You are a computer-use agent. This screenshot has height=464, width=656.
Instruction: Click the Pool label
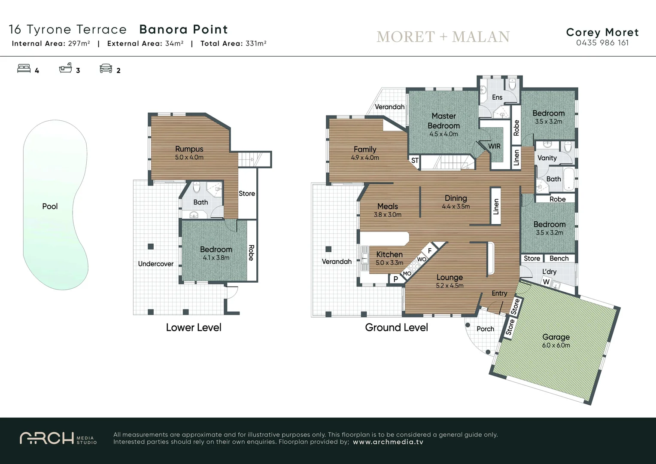(50, 206)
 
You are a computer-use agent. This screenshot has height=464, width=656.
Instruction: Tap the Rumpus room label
(189, 149)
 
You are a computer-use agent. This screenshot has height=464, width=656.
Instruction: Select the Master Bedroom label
(443, 121)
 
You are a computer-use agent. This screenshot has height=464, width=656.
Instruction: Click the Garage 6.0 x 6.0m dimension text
(556, 345)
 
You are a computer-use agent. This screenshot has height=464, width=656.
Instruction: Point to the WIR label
(494, 146)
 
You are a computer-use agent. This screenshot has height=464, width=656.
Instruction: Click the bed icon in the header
(24, 69)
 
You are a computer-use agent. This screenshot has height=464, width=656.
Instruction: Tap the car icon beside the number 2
(106, 69)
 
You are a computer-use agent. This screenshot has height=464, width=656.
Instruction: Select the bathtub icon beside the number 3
(65, 69)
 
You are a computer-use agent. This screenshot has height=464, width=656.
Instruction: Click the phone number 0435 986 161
(602, 43)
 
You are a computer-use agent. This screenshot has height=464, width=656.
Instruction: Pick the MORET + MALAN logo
(443, 37)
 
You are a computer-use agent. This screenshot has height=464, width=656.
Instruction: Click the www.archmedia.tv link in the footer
(388, 442)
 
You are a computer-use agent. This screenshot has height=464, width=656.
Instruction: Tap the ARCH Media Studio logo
(58, 438)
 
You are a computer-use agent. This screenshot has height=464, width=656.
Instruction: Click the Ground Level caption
(396, 327)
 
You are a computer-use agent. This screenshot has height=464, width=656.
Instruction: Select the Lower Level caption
(194, 327)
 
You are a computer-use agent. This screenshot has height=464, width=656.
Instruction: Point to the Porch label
(485, 329)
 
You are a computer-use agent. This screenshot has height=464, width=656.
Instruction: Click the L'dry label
(549, 272)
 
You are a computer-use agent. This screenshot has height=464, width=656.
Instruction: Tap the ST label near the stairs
(415, 160)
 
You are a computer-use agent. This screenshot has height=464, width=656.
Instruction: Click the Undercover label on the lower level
(155, 264)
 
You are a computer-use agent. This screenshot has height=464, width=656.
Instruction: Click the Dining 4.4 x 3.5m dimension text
(456, 207)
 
